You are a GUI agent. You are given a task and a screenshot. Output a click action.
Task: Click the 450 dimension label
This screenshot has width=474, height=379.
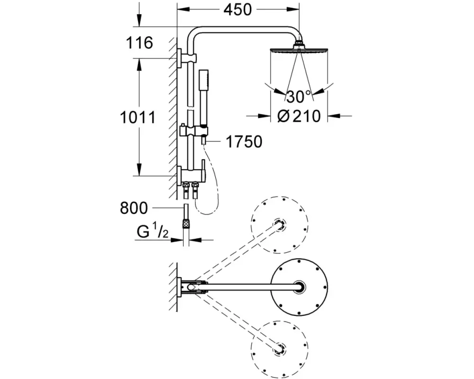[237, 9]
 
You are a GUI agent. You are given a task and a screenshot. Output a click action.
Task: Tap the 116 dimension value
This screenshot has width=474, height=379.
[139, 43]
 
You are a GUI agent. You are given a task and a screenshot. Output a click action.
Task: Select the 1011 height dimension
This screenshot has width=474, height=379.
[138, 117]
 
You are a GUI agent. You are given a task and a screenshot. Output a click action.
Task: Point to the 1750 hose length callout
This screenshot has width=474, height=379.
[244, 142]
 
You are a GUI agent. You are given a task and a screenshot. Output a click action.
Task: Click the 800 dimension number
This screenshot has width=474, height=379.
[134, 208]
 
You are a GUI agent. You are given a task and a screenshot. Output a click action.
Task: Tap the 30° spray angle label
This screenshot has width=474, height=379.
[298, 97]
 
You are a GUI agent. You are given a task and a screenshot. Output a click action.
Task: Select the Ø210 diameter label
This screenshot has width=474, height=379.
[299, 116]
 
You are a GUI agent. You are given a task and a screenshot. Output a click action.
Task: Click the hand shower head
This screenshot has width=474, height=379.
[204, 78]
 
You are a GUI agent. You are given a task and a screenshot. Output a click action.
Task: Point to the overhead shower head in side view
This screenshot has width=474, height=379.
[298, 49]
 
